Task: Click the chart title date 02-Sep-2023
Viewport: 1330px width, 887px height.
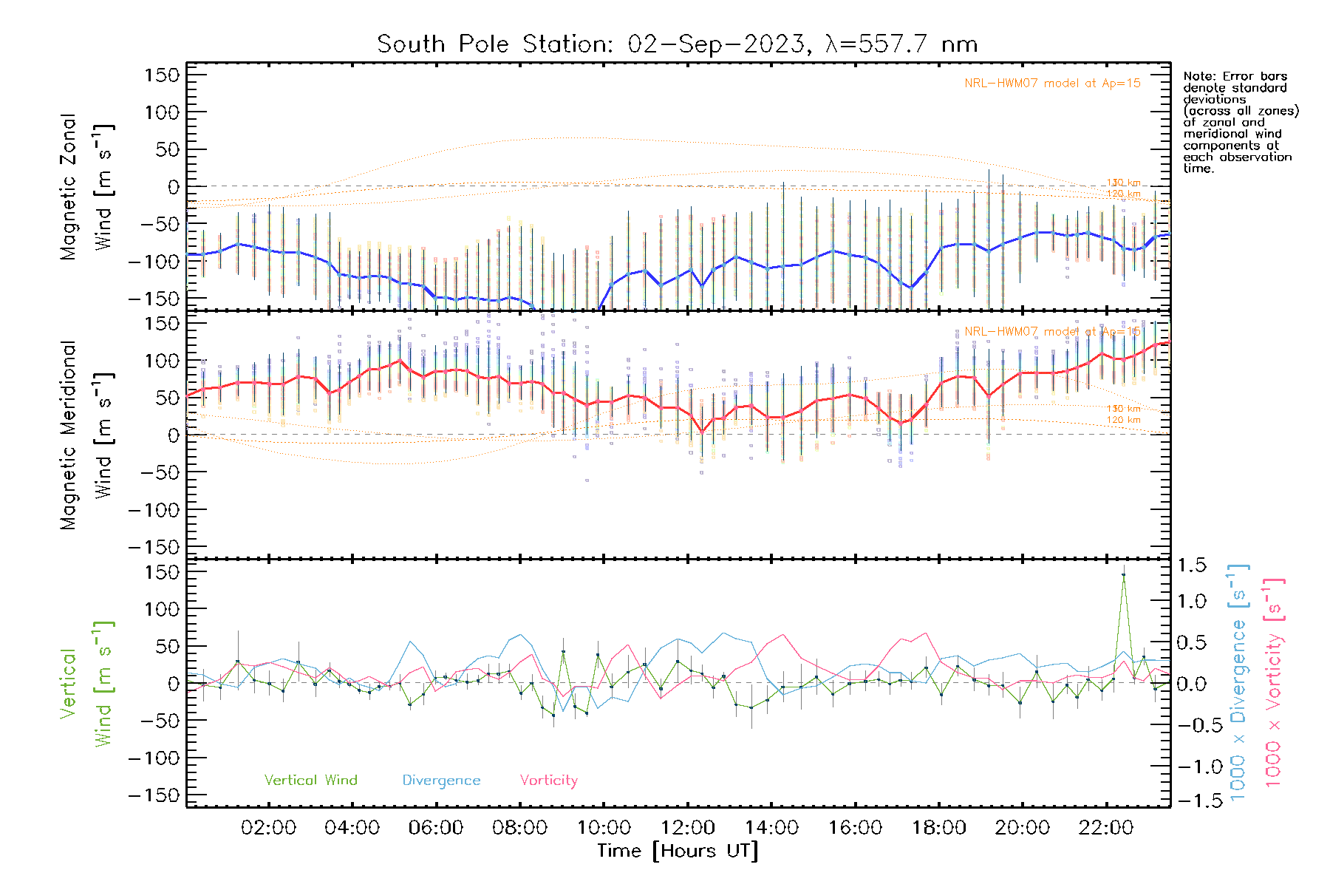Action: click(715, 44)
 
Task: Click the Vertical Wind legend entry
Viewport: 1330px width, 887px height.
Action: click(310, 781)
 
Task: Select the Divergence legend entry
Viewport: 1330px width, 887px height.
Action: click(441, 781)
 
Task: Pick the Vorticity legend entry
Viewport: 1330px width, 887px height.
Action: click(548, 781)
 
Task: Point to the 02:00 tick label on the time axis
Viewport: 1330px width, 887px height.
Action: click(268, 828)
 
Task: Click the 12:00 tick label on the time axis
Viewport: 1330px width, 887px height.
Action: click(687, 828)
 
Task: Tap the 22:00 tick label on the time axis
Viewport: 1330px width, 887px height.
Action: click(1105, 828)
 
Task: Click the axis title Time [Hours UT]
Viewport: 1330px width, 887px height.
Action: click(678, 851)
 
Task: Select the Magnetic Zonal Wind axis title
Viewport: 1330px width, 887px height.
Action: click(87, 186)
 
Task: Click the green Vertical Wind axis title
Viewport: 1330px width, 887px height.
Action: click(87, 684)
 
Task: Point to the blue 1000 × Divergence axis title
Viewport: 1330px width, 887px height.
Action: click(1238, 684)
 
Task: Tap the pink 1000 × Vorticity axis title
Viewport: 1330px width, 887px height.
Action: click(1273, 684)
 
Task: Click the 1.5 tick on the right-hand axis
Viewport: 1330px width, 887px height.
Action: click(1192, 565)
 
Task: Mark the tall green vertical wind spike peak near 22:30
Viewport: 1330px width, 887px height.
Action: click(1123, 574)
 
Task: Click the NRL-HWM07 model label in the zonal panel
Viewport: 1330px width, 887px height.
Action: click(1052, 84)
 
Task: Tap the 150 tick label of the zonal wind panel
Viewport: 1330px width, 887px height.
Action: click(162, 75)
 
